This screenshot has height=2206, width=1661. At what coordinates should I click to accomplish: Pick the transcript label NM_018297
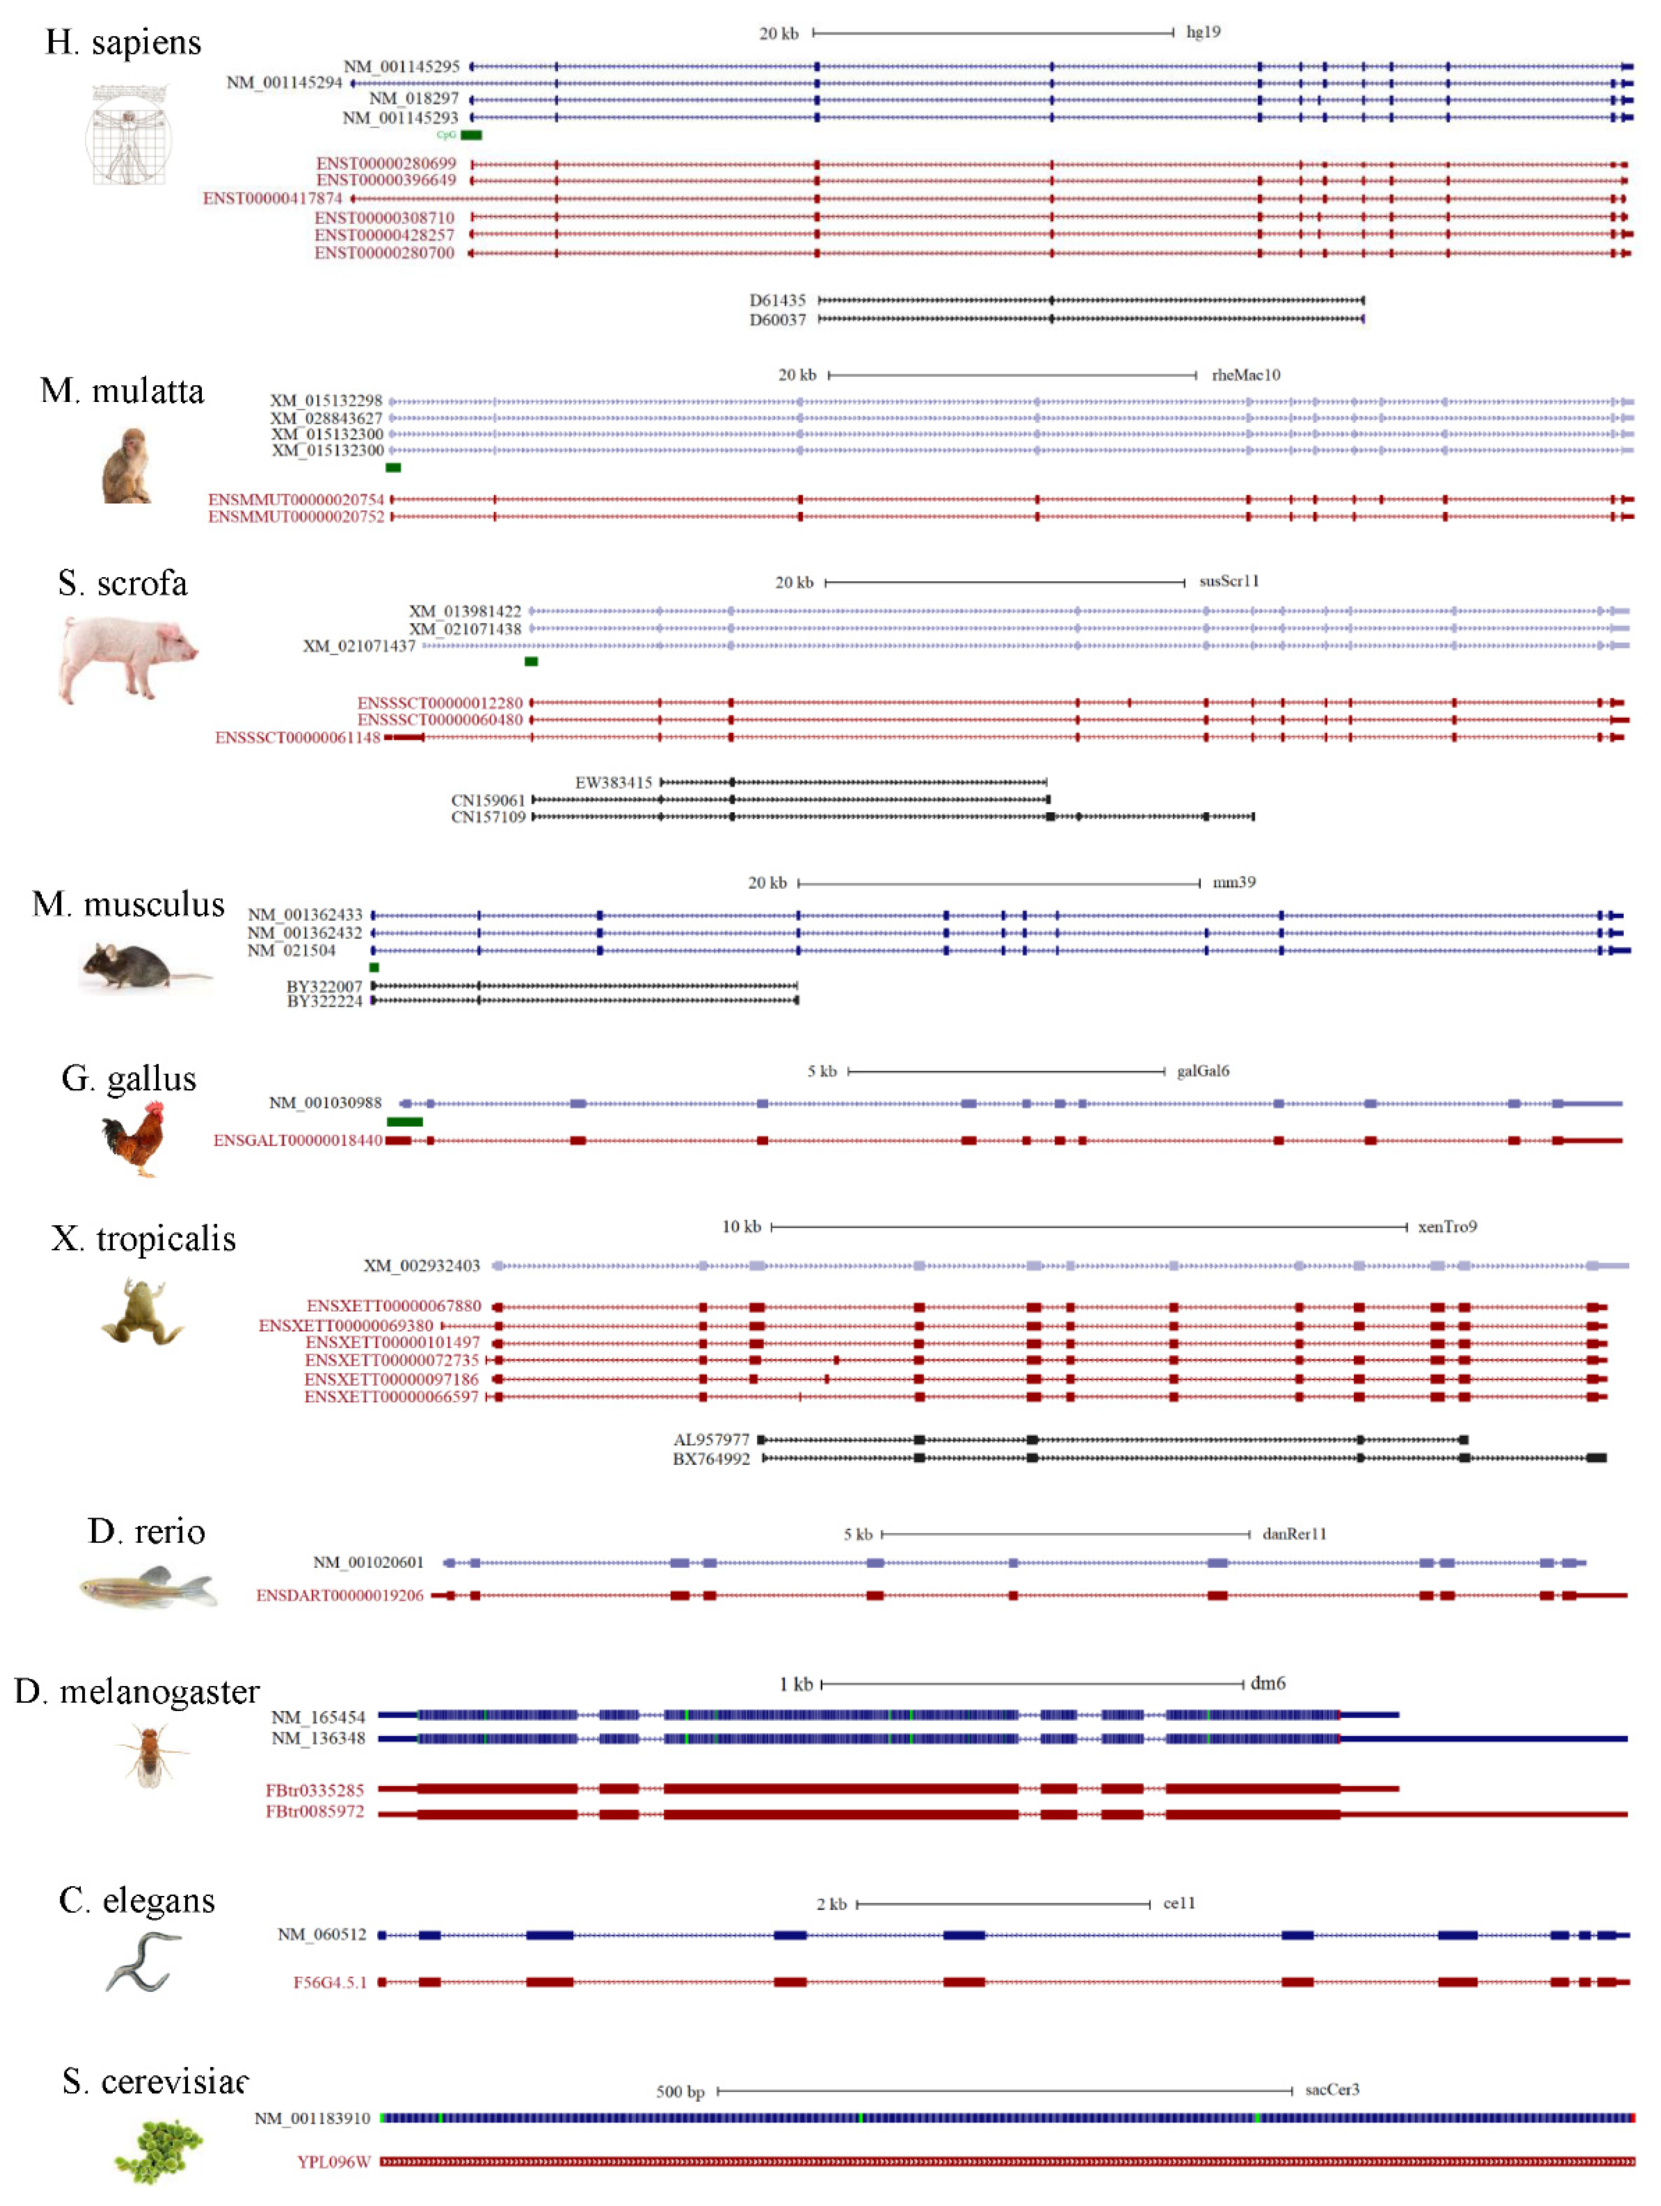click(x=414, y=99)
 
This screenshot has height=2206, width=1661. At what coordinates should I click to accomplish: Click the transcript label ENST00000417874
click(x=272, y=199)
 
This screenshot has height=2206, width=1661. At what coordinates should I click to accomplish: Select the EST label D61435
click(x=777, y=300)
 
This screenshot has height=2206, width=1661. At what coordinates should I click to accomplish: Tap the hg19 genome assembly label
click(x=1203, y=32)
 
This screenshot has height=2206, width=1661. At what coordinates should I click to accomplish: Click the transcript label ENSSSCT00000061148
click(x=297, y=738)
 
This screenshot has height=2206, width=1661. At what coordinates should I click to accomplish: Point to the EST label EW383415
click(x=612, y=783)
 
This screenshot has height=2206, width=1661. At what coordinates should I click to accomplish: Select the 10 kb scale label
click(x=741, y=1227)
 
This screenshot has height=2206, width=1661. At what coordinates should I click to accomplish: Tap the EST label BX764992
click(x=710, y=1459)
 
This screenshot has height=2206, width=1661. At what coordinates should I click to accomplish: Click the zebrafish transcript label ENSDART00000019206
click(x=339, y=1596)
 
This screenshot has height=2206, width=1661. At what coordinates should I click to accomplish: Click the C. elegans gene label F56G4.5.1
click(x=329, y=1983)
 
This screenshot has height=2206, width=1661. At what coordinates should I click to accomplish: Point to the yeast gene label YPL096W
click(x=333, y=2162)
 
